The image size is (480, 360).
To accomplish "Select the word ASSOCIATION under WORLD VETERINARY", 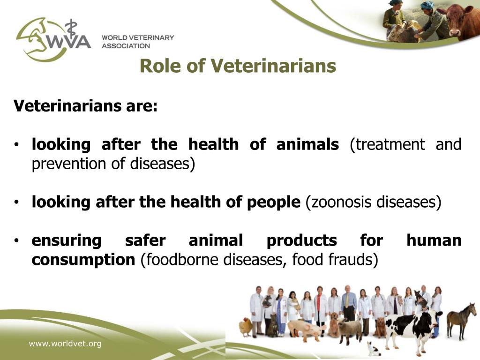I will click(x=126, y=46).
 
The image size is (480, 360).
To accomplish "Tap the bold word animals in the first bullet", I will click(x=307, y=144).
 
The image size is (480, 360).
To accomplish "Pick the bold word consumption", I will click(x=83, y=259).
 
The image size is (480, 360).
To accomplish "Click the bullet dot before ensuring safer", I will click(x=16, y=241).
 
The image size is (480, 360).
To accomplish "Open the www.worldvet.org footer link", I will click(x=65, y=344).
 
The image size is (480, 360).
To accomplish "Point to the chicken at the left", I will click(x=246, y=326).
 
